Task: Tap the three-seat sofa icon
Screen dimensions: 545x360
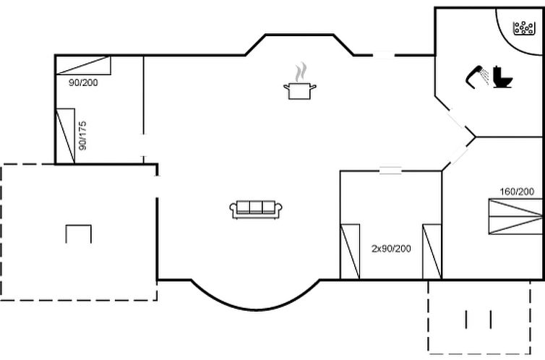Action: coord(256,210)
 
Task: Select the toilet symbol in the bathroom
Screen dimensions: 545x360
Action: coord(502,77)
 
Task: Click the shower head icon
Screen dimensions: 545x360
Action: coord(477,77)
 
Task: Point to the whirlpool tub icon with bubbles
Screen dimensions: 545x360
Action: coord(524,28)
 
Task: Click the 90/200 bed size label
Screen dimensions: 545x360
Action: coord(83,82)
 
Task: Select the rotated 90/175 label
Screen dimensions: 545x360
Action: coord(82,135)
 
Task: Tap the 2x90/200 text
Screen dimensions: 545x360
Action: coord(391,249)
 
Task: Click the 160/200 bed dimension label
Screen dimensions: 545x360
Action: coord(517,192)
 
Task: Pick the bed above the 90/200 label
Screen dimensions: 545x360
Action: coord(83,65)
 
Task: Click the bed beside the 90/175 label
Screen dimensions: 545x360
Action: coord(65,136)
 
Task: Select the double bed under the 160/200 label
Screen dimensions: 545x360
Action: coord(515,216)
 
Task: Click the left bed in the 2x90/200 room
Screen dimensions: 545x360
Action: coord(350,252)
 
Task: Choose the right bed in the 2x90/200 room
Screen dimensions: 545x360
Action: coord(432,252)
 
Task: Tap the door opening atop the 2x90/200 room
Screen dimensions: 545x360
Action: coord(390,171)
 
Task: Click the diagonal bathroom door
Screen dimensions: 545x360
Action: coord(456,119)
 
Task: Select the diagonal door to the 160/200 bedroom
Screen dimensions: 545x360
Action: coord(459,154)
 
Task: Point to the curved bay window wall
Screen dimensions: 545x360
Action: coord(255,309)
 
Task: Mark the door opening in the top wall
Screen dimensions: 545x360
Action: coord(384,55)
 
